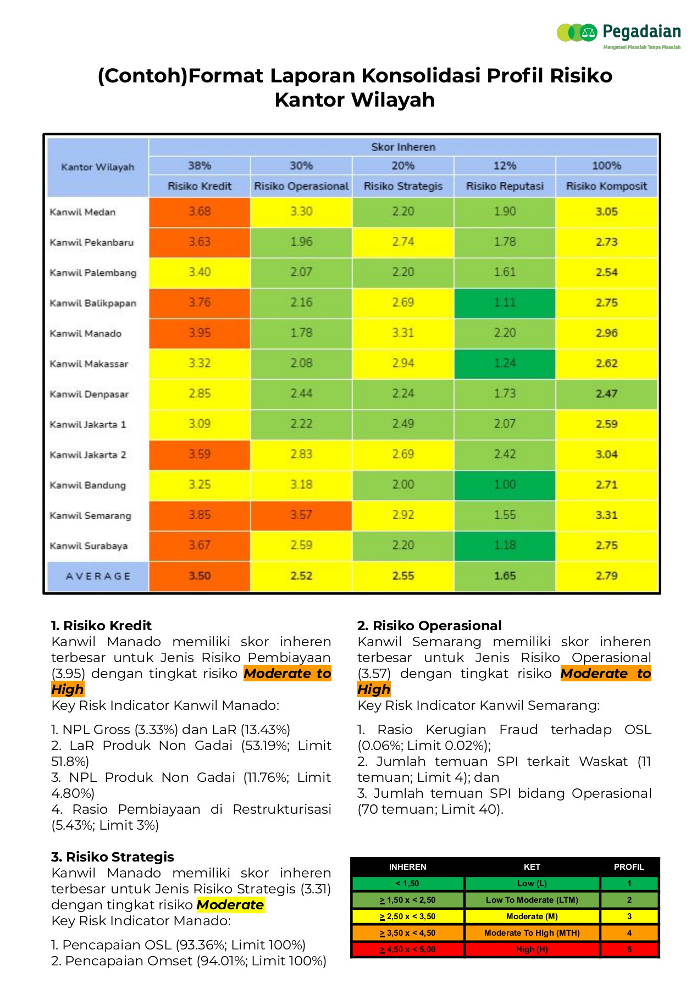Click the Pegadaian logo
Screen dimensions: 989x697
click(x=618, y=34)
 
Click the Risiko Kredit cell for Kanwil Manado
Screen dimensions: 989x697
click(x=200, y=333)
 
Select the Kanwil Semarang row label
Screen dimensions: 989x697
click(x=91, y=515)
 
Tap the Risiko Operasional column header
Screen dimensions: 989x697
click(x=301, y=186)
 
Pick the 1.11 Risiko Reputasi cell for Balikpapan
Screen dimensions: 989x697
click(x=505, y=303)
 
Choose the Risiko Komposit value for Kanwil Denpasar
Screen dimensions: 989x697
click(x=606, y=394)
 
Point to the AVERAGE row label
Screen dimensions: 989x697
click(x=98, y=576)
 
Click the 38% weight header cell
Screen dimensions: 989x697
click(x=200, y=165)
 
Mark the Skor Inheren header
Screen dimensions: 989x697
click(x=403, y=147)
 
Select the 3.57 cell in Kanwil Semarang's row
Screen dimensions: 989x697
click(x=301, y=515)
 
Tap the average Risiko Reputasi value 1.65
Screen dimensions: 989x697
click(x=505, y=576)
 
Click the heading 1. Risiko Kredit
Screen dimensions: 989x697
click(x=101, y=625)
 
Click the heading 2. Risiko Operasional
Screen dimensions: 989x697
click(x=429, y=625)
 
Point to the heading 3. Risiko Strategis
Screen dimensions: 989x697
click(x=113, y=857)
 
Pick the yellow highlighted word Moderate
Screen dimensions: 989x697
click(x=230, y=904)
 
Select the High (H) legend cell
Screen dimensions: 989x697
click(x=532, y=949)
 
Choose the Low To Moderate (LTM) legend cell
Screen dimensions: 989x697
click(x=532, y=900)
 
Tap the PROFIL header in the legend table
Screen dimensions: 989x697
click(x=629, y=866)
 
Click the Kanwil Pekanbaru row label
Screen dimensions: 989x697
click(x=92, y=242)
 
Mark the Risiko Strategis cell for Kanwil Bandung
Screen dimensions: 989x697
click(x=403, y=485)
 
